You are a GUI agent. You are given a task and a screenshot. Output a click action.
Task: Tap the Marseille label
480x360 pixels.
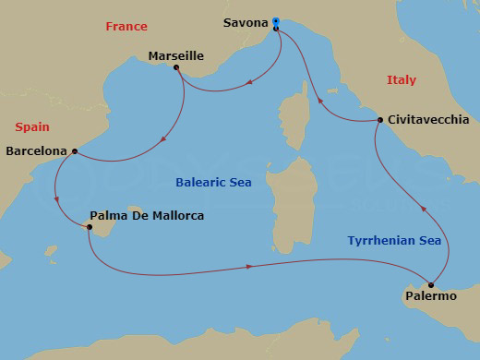coord(175,56)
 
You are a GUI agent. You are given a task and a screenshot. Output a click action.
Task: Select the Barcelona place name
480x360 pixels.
coord(36,150)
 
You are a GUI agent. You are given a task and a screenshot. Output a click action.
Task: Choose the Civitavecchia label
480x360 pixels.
coord(428,120)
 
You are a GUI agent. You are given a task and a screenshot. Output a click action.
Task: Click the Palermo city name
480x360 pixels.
coord(430,296)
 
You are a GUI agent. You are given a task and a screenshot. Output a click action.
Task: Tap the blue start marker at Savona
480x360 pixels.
coord(276,20)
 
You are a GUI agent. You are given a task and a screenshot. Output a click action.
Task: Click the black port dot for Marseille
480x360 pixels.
coord(175,67)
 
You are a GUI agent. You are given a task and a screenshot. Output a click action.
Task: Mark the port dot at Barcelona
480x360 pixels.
coord(75,150)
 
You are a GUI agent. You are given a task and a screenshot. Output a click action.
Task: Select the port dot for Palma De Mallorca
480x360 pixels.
coord(89,225)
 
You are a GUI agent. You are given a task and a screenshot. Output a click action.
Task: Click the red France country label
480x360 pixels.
coord(126,27)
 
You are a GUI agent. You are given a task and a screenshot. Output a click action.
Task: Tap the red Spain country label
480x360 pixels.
coord(30,127)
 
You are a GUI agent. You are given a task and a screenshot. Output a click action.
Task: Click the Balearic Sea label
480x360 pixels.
coord(214,183)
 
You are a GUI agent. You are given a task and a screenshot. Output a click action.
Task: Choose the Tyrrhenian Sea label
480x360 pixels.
coord(394,241)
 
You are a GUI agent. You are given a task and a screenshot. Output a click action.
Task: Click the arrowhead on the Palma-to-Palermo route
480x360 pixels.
coord(250,267)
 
